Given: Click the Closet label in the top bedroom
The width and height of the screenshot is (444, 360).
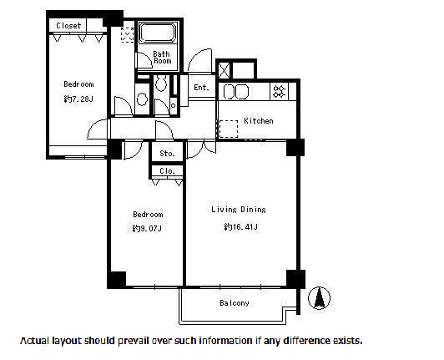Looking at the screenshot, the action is pos(68,26).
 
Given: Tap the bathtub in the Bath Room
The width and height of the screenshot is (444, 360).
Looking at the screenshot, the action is pos(158,33).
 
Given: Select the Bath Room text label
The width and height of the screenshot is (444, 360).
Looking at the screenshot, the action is pos(162,58).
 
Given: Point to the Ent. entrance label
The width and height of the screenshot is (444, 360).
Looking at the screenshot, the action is pos(201,88).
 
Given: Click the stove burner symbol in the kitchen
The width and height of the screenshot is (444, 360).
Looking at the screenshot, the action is pos(280,91).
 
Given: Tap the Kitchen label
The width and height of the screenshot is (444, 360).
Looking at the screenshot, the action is pos(259,121).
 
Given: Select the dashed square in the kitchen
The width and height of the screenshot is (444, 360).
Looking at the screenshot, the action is pos(229,129).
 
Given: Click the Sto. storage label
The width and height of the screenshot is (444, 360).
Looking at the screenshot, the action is pos(167,154).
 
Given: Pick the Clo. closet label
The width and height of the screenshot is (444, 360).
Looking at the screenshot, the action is pos(167,171).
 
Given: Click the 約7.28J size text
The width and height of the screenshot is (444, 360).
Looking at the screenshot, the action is pos(78,99).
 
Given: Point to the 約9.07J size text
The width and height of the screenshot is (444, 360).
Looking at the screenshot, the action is pos(147,228).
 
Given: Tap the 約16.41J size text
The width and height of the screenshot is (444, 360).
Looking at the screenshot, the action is pos(240,226).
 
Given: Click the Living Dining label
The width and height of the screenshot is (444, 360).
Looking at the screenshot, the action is pos(239,210).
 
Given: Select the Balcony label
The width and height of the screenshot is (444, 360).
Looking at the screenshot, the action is pos(235,303).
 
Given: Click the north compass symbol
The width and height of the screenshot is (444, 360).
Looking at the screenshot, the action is pos(319,298).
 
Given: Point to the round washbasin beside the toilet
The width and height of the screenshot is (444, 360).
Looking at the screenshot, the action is pos(142,99).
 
